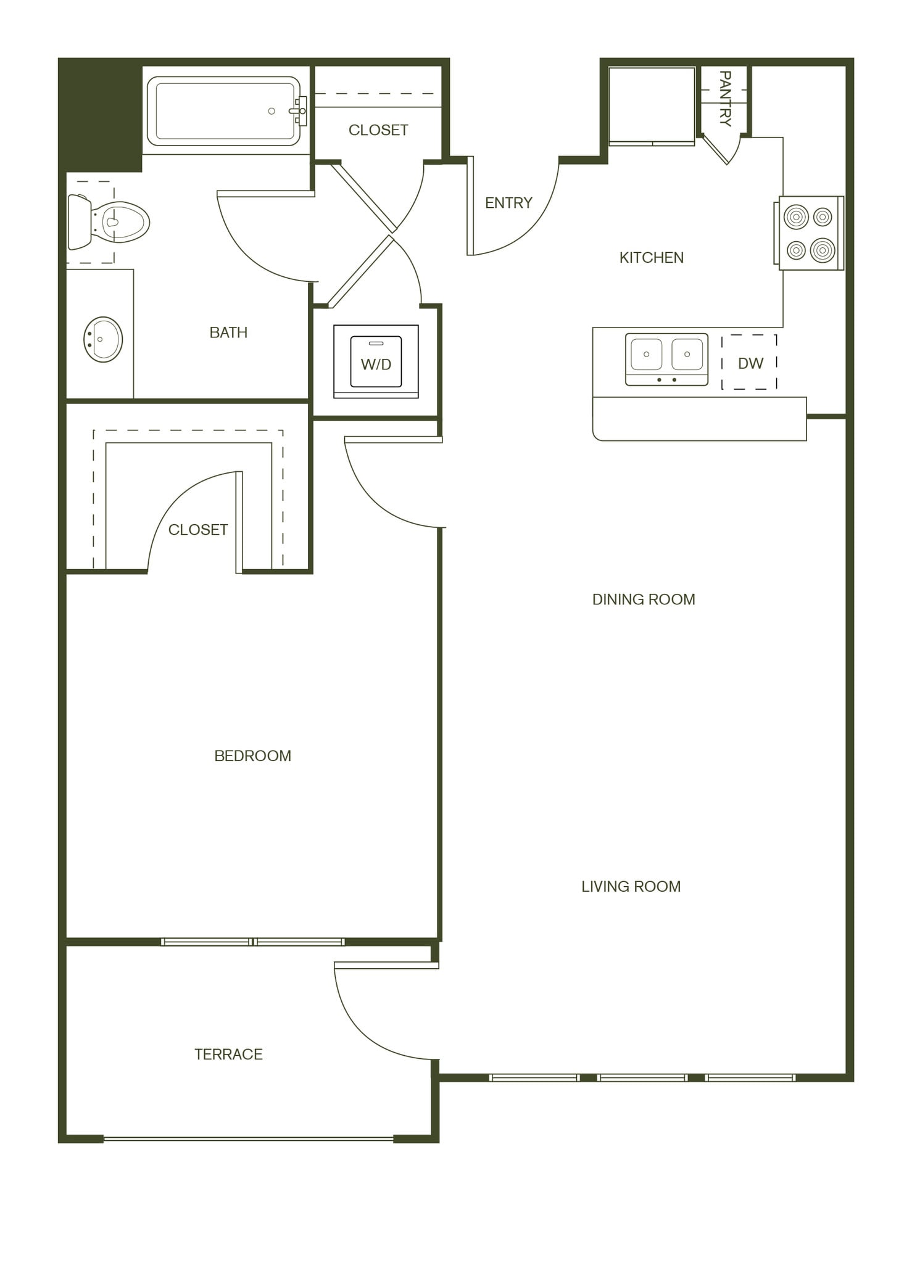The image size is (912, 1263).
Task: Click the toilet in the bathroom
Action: (111, 221)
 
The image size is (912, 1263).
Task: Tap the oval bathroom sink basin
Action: (103, 339)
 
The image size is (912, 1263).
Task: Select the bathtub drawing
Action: (223, 111)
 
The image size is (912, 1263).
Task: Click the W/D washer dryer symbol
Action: (376, 362)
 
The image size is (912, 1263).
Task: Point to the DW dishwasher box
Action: (750, 363)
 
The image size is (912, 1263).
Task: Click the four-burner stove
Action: (810, 233)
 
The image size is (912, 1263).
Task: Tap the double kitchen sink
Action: (666, 359)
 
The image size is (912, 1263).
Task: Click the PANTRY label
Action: (725, 99)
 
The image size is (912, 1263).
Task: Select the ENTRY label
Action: (508, 203)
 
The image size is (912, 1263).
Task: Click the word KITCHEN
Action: (651, 258)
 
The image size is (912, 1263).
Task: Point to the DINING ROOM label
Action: (643, 599)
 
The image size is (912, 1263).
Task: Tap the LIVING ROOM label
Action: (631, 886)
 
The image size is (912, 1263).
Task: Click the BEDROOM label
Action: (252, 756)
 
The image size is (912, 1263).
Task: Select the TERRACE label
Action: (228, 1055)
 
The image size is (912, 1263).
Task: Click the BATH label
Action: (228, 332)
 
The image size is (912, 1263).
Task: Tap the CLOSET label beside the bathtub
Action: (378, 130)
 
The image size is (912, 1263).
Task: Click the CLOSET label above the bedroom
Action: (197, 530)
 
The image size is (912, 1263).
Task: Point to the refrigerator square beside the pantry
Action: (652, 105)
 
